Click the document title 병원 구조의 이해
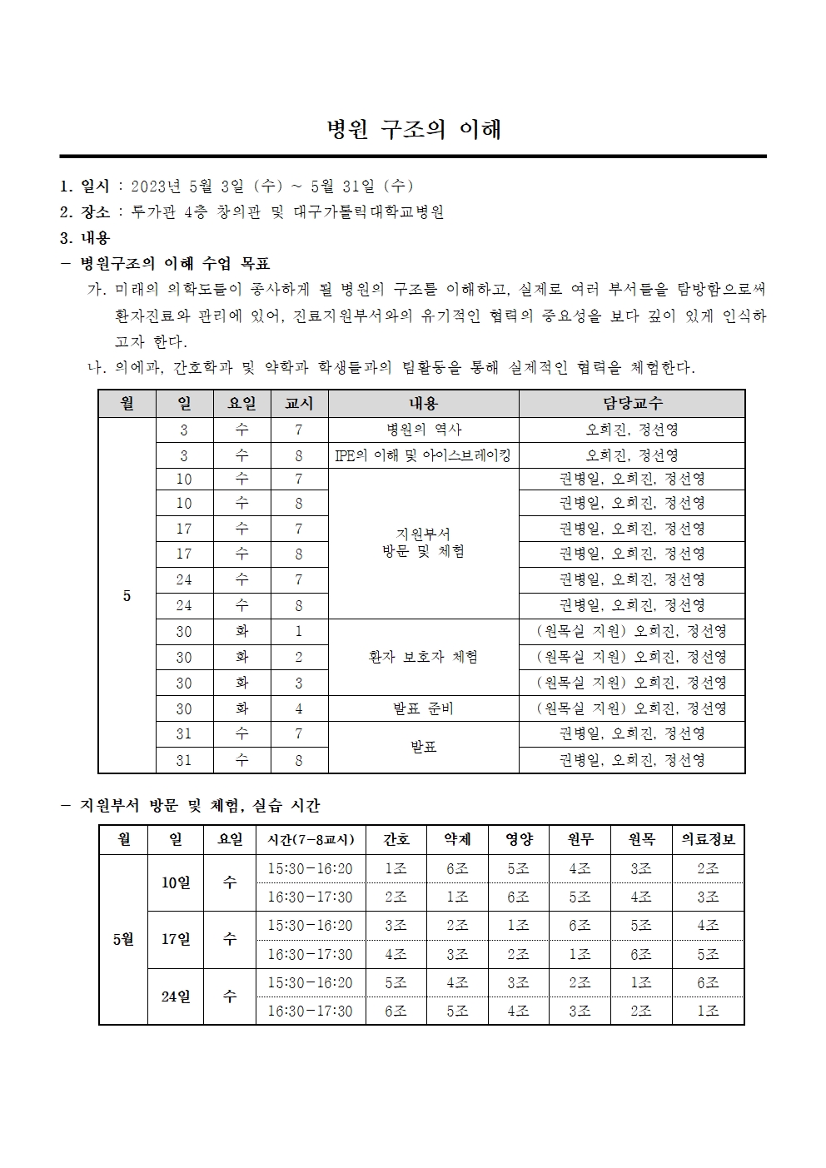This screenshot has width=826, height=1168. click(x=413, y=129)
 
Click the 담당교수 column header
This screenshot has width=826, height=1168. click(x=632, y=403)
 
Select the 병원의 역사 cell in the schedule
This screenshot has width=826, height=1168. click(x=423, y=430)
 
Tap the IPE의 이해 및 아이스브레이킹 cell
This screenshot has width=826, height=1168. click(x=423, y=455)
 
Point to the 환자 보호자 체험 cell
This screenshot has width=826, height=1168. click(x=423, y=657)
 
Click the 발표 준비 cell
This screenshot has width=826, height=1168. click(x=423, y=708)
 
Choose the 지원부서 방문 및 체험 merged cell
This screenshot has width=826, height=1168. click(x=423, y=542)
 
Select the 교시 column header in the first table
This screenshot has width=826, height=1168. click(x=299, y=403)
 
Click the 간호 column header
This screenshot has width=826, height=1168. click(x=396, y=839)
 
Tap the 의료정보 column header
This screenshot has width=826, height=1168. click(x=708, y=839)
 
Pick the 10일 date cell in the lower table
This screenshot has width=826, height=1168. click(x=176, y=882)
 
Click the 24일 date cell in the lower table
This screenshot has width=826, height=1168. click(x=176, y=997)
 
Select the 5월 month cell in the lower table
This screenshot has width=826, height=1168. click(x=123, y=939)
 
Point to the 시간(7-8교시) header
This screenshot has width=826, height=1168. click(x=310, y=839)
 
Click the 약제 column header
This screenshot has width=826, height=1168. click(x=457, y=839)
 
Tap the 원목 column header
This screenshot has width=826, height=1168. click(x=641, y=839)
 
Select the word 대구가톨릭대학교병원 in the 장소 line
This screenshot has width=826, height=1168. click(x=369, y=211)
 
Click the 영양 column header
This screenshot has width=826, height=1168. click(x=519, y=839)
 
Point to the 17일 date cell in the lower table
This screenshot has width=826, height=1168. click(x=176, y=939)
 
